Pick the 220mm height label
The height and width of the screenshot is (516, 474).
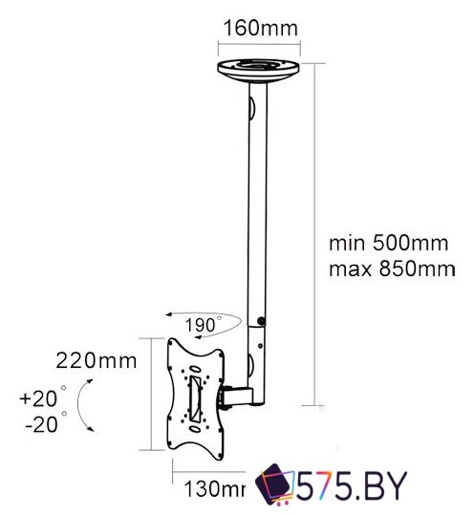(95, 361)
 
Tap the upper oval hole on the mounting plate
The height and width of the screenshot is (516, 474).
(196, 355)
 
